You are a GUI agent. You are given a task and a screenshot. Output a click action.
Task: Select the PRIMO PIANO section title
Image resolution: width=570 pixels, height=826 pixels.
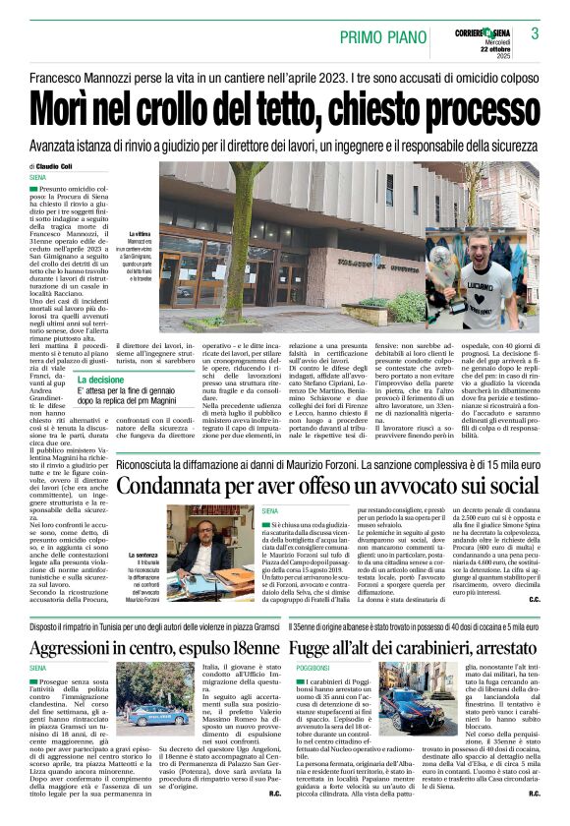[381, 37]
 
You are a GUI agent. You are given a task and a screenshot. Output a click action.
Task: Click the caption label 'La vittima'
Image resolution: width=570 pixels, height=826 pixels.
[139, 235]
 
